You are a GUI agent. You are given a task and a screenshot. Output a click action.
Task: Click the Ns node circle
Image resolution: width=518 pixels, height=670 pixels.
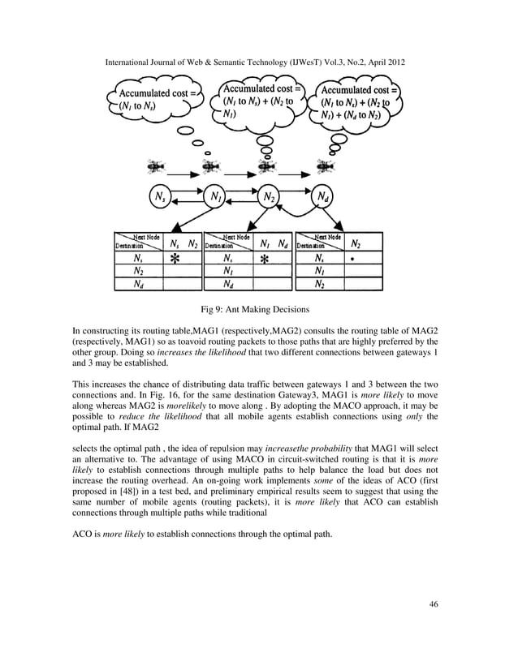point(161,196)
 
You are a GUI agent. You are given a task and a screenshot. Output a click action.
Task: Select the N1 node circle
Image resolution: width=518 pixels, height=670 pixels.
point(215,196)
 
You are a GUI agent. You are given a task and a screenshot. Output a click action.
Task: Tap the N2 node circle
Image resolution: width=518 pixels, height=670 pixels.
point(269,196)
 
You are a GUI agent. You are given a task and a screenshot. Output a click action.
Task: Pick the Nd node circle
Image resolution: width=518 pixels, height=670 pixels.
point(322,196)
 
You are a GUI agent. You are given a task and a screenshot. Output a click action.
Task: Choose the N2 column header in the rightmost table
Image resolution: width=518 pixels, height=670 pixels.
point(355,243)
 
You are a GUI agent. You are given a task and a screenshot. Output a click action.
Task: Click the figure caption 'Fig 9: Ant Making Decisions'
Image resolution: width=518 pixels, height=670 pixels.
point(258,309)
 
